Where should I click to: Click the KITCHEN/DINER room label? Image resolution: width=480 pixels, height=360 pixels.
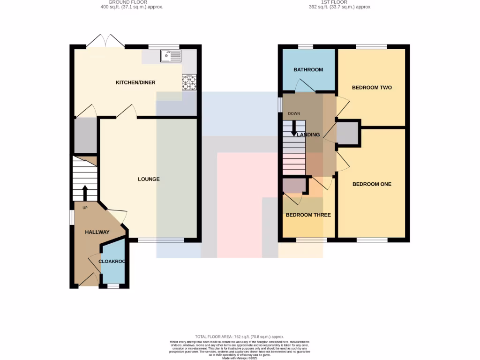click(x=135, y=82)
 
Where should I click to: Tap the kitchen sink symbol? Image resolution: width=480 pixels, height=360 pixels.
click(x=171, y=56)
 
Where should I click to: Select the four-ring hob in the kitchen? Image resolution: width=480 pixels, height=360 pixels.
click(x=189, y=82)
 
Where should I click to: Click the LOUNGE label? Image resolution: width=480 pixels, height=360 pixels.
click(x=149, y=179)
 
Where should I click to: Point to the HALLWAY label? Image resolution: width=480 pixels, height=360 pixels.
click(x=97, y=232)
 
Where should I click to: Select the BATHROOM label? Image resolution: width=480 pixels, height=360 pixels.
click(x=308, y=70)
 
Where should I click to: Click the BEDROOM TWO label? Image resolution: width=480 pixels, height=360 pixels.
click(x=372, y=88)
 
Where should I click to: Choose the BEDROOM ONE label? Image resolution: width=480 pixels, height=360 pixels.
click(x=372, y=184)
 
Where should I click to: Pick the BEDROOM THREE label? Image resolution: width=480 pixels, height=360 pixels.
click(x=308, y=215)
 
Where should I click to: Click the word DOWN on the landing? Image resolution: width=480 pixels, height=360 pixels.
click(x=294, y=113)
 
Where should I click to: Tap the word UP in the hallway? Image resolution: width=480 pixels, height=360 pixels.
click(x=85, y=208)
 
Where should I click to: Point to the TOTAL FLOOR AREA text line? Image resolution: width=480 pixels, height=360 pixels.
click(x=240, y=337)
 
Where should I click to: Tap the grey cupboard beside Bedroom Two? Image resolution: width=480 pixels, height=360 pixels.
click(x=347, y=133)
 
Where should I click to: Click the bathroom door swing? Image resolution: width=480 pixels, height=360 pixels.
click(x=305, y=86)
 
